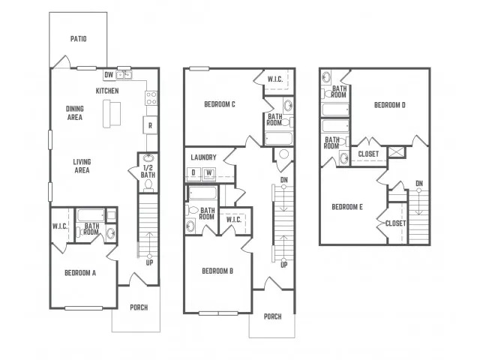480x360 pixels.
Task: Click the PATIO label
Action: (78, 39)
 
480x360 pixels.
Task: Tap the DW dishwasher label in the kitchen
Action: (109, 75)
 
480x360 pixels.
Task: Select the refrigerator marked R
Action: (150, 125)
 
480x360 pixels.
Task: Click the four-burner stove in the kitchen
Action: (151, 98)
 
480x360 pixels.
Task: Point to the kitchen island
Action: (112, 113)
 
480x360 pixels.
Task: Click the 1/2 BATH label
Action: (148, 172)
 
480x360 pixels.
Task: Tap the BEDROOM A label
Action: (80, 273)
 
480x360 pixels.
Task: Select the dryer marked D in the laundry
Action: (193, 173)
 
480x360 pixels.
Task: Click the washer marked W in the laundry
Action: (208, 173)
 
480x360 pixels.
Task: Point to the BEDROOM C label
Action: (220, 104)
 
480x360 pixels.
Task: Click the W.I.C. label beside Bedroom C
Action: (275, 79)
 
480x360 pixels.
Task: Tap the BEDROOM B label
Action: (217, 271)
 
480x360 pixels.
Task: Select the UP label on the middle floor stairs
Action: (283, 265)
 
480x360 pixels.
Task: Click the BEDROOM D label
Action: (390, 105)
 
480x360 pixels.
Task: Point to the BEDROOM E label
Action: (347, 207)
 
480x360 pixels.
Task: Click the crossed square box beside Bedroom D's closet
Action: (397, 152)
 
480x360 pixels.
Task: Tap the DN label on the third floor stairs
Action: (419, 184)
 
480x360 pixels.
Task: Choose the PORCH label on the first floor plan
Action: (139, 307)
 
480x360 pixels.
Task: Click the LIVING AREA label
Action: (82, 166)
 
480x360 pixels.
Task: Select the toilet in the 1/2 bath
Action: (148, 185)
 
